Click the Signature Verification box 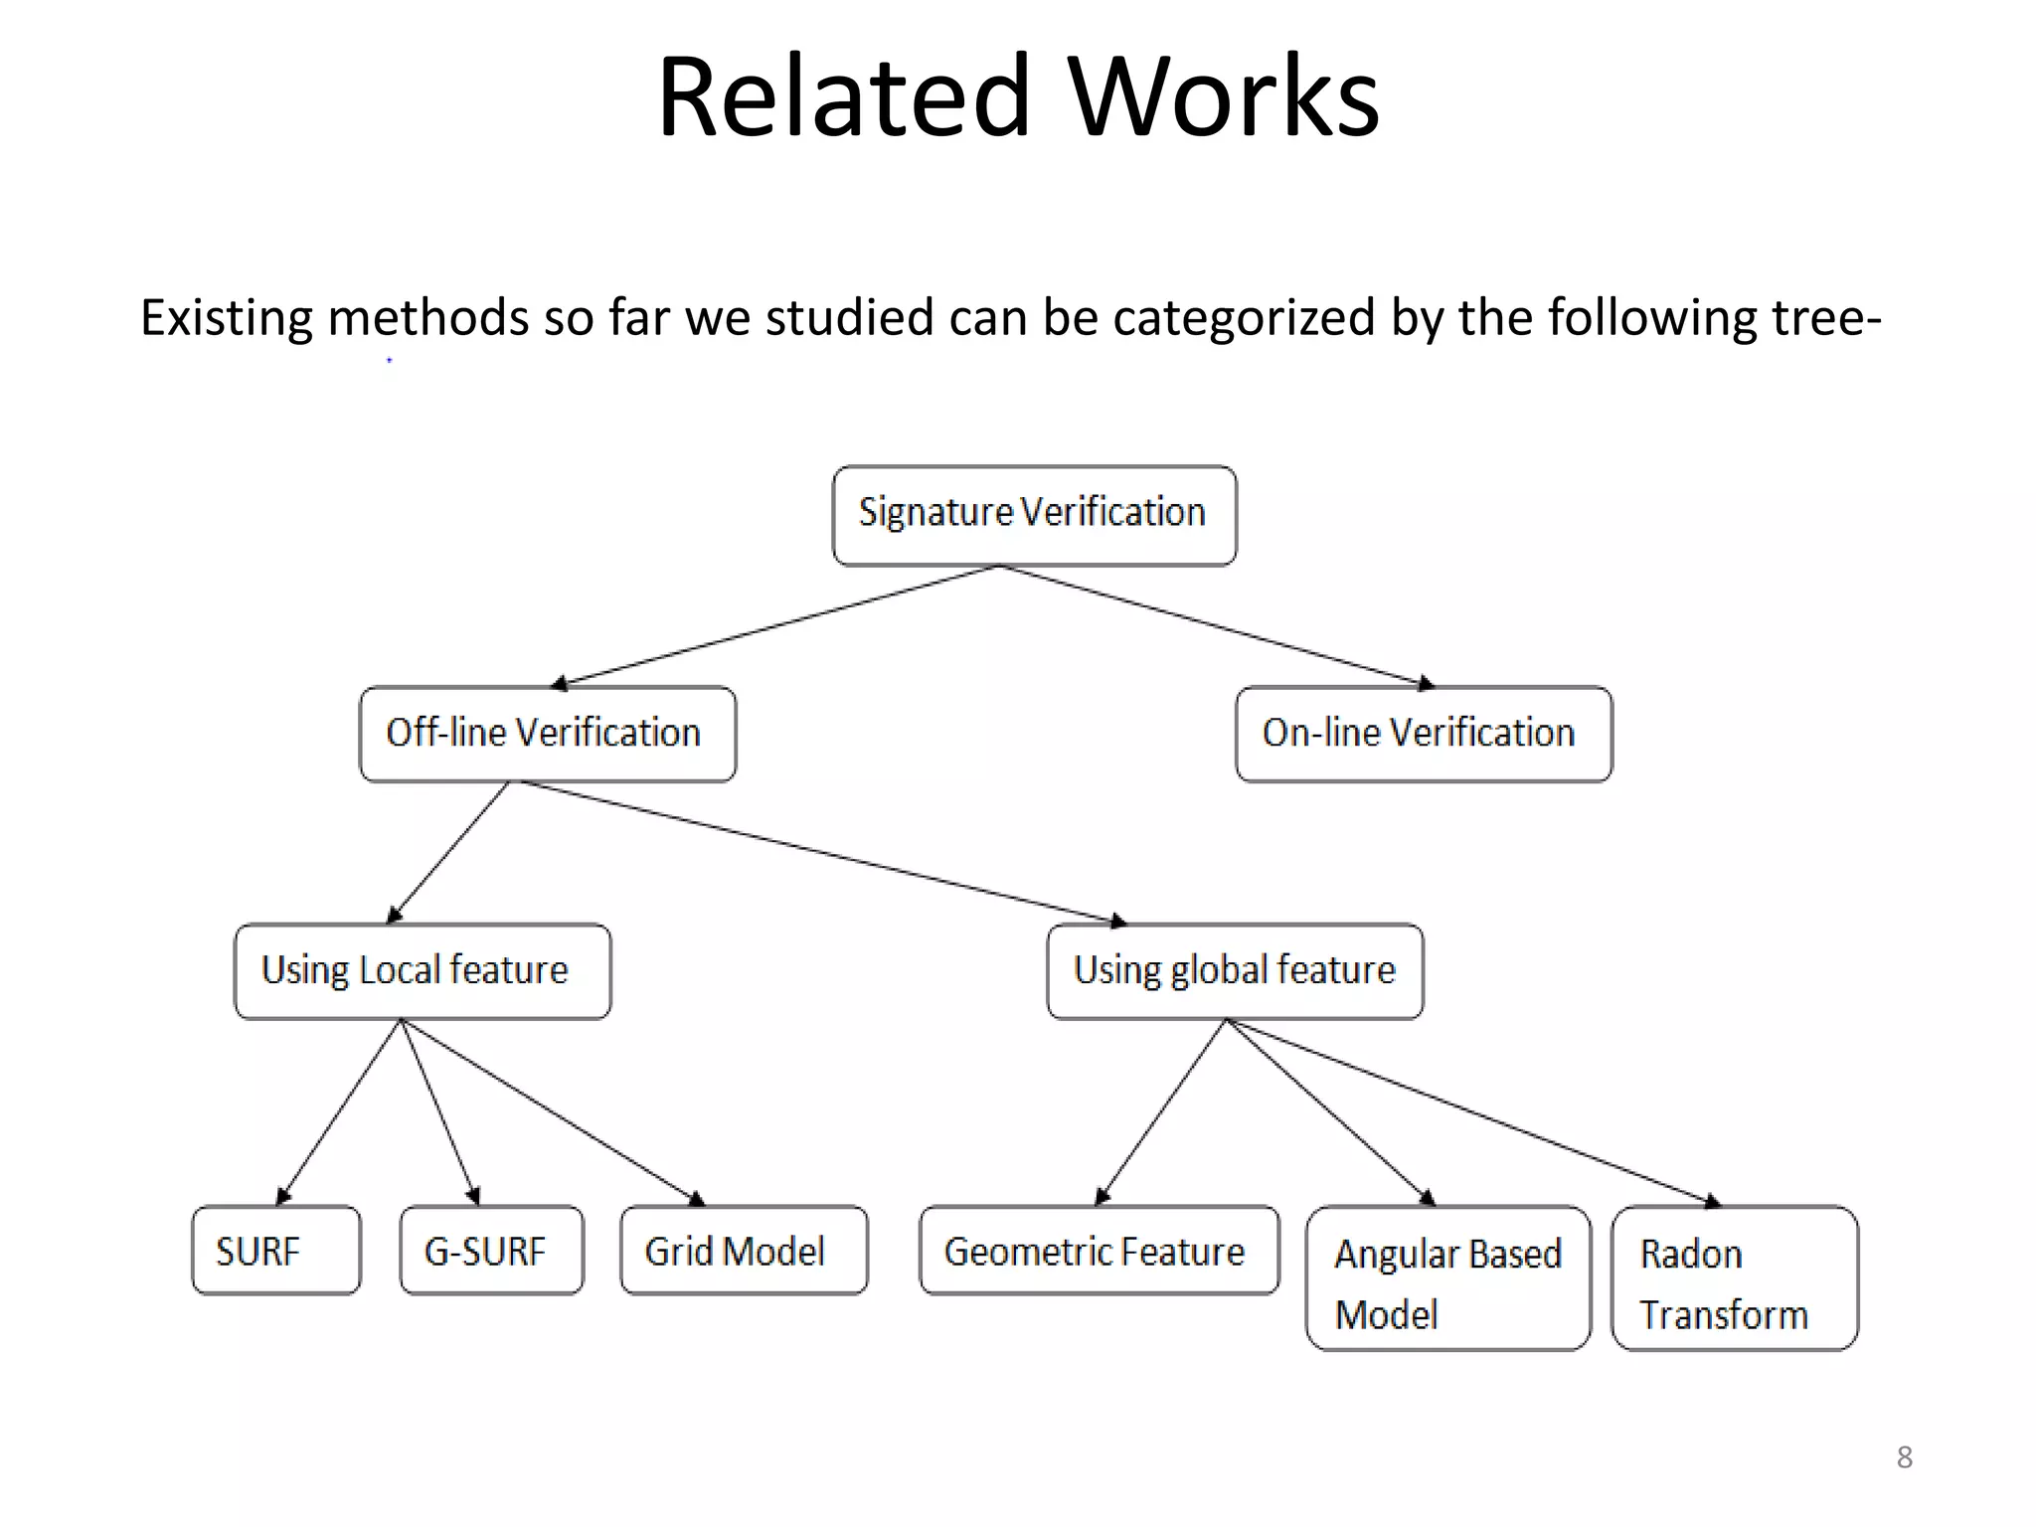(x=1034, y=515)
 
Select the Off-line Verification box (x=548, y=734)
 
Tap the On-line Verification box (x=1423, y=734)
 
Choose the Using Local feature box (x=423, y=971)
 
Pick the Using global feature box (x=1235, y=971)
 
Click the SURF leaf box (x=275, y=1251)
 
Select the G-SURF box (x=491, y=1251)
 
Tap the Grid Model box (x=744, y=1251)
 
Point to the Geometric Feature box (x=1099, y=1251)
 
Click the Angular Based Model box (x=1447, y=1278)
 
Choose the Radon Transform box (x=1734, y=1278)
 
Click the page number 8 (x=1904, y=1457)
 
